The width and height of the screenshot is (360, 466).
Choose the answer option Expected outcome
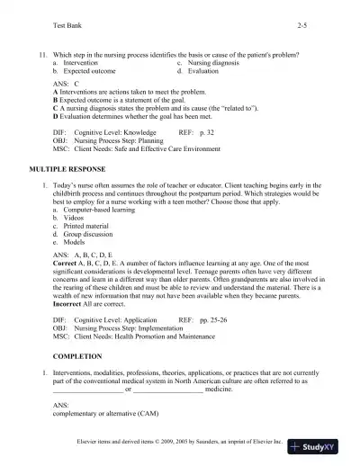click(90, 70)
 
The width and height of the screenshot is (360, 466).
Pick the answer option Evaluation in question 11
click(202, 70)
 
